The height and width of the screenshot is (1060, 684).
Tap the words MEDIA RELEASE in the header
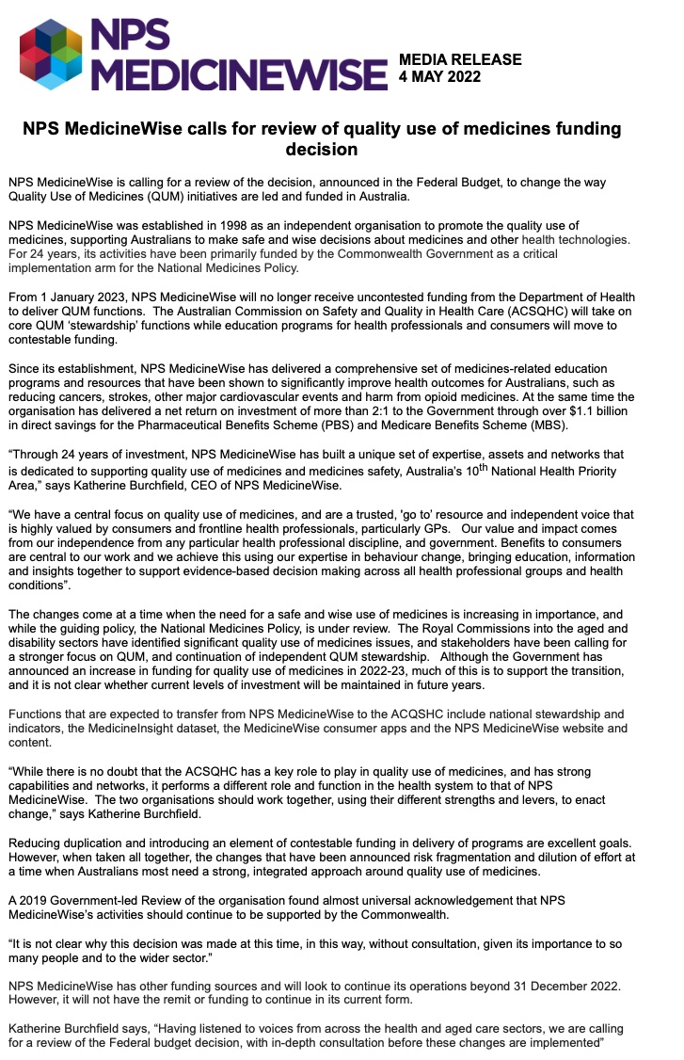coord(460,60)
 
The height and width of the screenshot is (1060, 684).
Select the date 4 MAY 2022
coord(440,76)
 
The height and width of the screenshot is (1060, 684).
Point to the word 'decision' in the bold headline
coord(322,149)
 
